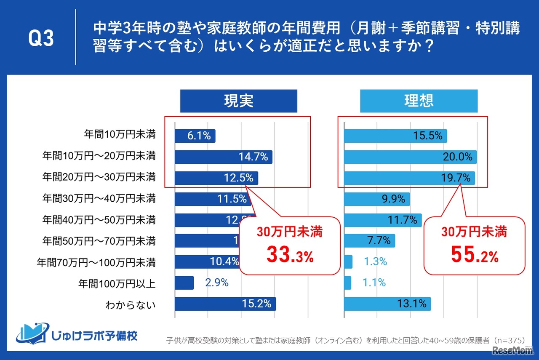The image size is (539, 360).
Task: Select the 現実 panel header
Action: click(x=238, y=101)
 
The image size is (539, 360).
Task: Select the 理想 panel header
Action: click(x=419, y=101)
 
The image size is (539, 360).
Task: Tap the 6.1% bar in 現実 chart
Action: click(x=195, y=136)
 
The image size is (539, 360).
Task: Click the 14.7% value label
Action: click(x=253, y=157)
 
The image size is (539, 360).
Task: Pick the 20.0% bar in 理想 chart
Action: click(x=410, y=157)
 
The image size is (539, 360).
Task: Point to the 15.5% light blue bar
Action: click(x=395, y=136)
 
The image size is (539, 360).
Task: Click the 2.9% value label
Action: click(x=216, y=283)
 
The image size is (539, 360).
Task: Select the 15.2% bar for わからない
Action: click(x=225, y=304)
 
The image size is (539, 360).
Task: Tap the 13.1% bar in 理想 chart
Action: click(x=387, y=304)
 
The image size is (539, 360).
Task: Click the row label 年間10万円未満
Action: click(x=120, y=135)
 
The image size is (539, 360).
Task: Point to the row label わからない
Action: click(x=130, y=304)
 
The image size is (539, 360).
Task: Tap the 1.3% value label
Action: click(x=375, y=262)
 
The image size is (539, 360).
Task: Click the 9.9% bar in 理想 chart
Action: click(x=377, y=199)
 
